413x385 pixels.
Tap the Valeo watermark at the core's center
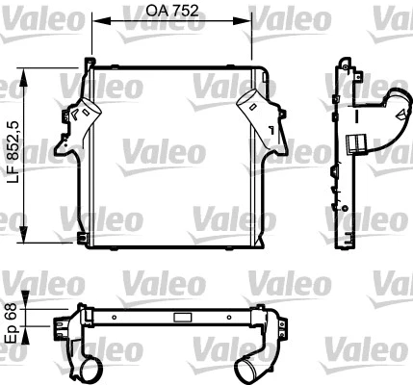pyautogui.click(x=162, y=151)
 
